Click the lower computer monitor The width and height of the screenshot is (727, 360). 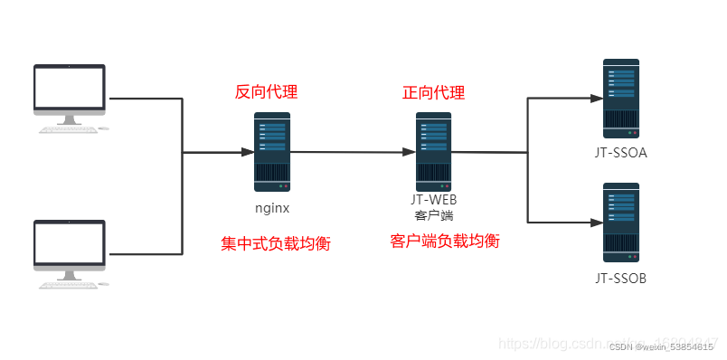pos(70,242)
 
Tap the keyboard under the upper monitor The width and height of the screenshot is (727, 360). pos(67,129)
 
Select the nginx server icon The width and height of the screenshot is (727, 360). pos(272,151)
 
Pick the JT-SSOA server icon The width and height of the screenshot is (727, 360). pos(620,97)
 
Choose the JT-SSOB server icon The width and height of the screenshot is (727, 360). pos(620,221)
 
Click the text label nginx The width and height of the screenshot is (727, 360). pos(271,208)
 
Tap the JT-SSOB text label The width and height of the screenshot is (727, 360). pos(621,278)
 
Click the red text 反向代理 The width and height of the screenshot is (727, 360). pos(266,92)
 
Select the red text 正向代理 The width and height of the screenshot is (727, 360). pos(433,92)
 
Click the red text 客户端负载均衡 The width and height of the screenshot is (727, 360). pos(445,242)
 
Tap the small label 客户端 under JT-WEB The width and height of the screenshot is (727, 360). pos(433,216)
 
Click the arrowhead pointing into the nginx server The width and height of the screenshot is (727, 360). pos(248,153)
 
